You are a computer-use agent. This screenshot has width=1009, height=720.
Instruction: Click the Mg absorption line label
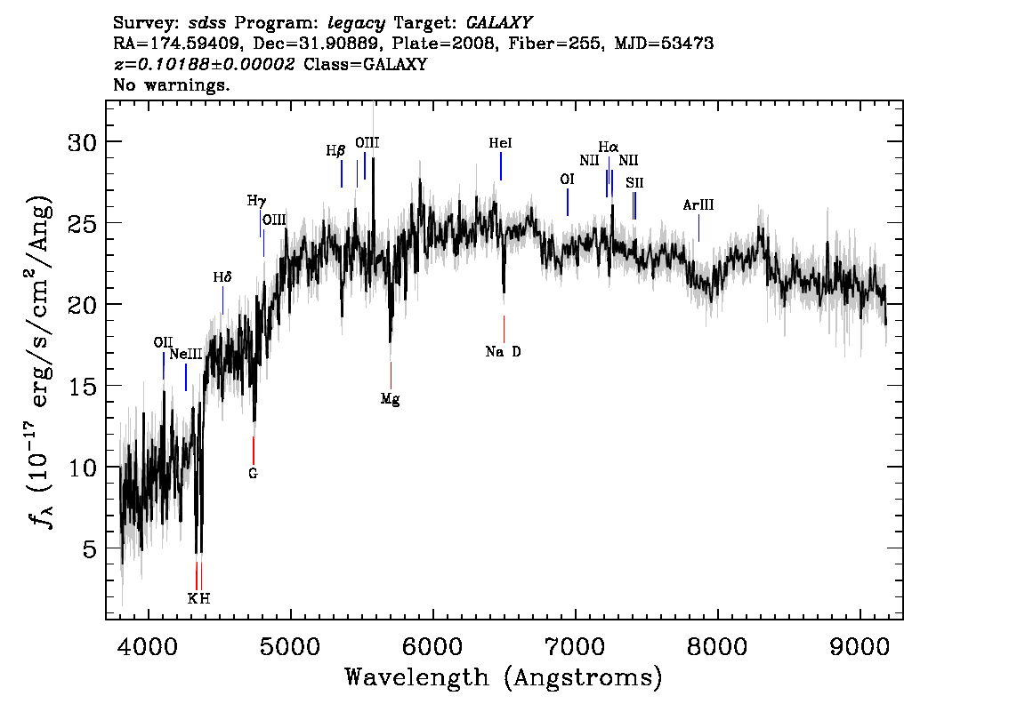390,399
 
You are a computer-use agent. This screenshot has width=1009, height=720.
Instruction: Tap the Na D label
504,352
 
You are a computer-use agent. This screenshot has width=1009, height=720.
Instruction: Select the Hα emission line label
608,148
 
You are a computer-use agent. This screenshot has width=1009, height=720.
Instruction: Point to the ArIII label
698,205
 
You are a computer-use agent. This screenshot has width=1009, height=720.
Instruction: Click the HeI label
500,143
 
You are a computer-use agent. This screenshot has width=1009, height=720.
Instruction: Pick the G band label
253,473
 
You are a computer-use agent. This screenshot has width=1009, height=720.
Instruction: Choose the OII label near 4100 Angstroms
163,342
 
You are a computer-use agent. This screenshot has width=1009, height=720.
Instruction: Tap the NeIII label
186,354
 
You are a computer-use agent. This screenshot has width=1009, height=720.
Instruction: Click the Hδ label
222,277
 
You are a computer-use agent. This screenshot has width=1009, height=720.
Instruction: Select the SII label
634,182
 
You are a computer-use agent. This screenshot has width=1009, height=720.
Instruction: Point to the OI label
567,180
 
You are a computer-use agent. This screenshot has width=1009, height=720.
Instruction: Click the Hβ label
335,151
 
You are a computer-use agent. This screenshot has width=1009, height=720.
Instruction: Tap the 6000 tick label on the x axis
433,646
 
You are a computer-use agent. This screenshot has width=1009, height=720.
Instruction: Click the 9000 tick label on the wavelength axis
859,646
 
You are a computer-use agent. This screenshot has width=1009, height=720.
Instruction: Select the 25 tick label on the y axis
83,223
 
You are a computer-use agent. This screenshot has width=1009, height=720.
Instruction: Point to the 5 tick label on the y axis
90,548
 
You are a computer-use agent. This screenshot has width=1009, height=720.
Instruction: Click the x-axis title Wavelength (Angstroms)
504,677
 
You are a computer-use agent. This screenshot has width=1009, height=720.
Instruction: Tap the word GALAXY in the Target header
498,23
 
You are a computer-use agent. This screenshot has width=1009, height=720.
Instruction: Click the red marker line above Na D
504,329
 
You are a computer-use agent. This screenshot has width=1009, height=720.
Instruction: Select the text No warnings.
171,84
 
